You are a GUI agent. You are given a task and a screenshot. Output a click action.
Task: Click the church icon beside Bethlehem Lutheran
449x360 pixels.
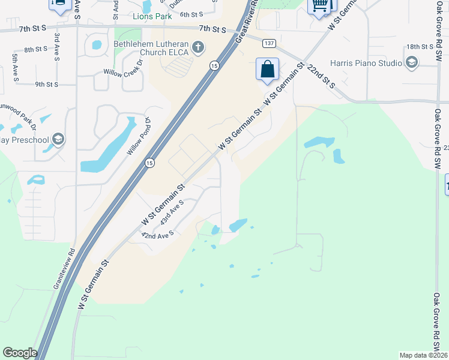[198, 46]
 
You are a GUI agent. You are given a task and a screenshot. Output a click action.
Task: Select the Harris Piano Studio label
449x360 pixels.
[366, 62]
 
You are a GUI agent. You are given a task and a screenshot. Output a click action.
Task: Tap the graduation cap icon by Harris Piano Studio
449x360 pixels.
[412, 62]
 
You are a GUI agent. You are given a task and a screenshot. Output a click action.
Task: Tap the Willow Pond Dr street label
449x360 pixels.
[136, 136]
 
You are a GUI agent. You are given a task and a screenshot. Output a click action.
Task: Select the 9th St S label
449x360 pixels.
[46, 85]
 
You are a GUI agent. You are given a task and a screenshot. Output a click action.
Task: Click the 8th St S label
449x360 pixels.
[36, 49]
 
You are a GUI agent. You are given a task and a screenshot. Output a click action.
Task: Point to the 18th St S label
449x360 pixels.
[420, 46]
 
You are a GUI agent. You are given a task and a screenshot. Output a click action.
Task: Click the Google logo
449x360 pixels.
[20, 353]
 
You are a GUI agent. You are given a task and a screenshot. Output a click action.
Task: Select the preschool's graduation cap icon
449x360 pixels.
[58, 140]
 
